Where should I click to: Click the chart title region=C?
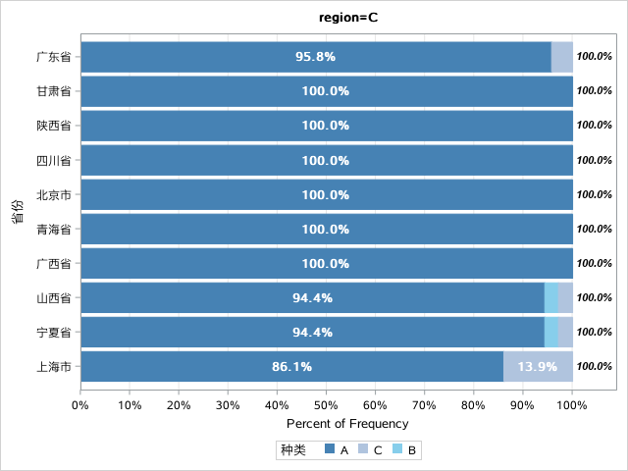pos(348,18)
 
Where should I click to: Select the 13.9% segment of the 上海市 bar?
pos(538,366)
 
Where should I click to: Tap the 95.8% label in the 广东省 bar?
pos(315,57)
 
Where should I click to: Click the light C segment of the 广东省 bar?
pos(562,57)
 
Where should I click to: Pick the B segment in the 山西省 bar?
pos(551,297)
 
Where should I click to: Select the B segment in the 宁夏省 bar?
pos(551,332)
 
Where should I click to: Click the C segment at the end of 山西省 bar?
pos(565,297)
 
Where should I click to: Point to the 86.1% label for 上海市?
pos(291,366)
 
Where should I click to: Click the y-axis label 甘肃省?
pos(54,91)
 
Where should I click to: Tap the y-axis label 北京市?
pos(54,194)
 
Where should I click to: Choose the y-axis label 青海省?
pos(54,229)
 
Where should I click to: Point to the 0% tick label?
pos(80,405)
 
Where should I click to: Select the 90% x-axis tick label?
pos(522,405)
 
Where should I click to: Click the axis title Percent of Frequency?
pos(347,424)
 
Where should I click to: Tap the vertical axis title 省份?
pos(18,212)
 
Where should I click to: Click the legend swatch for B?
pos(396,448)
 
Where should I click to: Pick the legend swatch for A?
pos(330,448)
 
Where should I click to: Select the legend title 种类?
pos(293,449)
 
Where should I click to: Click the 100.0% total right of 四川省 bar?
pos(595,160)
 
